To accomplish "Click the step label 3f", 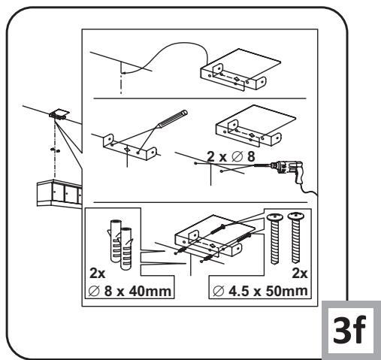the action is [349, 331].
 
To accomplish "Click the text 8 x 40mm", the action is [138, 291].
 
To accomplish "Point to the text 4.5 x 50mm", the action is [268, 291].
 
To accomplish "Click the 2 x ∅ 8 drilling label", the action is [231, 157].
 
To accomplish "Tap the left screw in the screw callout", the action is [274, 238].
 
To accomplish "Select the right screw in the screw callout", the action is [296, 237].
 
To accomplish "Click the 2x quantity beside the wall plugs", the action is [98, 273].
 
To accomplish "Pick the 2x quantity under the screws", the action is [300, 274].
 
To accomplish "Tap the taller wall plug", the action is [115, 241].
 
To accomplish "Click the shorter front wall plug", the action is [126, 249].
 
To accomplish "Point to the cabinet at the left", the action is [59, 193].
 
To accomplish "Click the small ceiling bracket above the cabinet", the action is [59, 115].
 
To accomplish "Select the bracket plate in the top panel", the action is [240, 69].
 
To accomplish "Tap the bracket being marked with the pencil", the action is [130, 147].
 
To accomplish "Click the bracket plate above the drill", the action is [256, 126].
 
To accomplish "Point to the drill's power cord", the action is [309, 189].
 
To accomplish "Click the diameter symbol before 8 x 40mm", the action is [94, 291].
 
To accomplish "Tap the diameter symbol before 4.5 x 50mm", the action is [218, 291].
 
